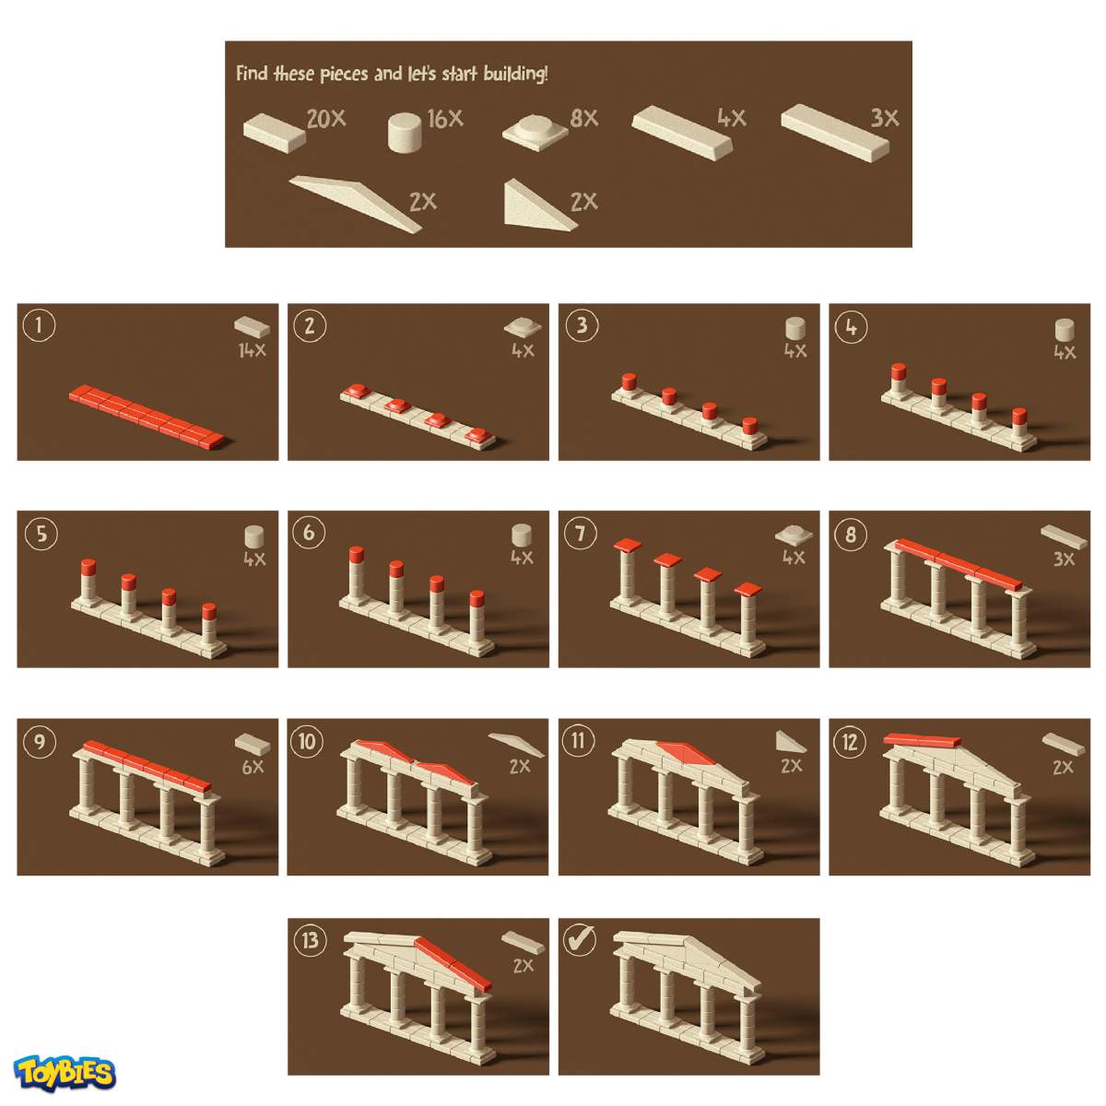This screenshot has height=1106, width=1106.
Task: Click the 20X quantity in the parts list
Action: pyautogui.click(x=326, y=119)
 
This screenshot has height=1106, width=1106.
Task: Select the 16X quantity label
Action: pyautogui.click(x=445, y=119)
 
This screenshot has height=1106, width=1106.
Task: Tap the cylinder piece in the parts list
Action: pyautogui.click(x=404, y=133)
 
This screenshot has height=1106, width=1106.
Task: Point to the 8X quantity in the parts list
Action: pyautogui.click(x=584, y=119)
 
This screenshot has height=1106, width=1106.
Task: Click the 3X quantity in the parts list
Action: pyautogui.click(x=885, y=118)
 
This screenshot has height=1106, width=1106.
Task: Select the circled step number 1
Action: pyautogui.click(x=39, y=324)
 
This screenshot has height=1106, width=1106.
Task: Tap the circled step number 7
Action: pyautogui.click(x=581, y=534)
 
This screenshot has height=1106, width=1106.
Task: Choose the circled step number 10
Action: pyautogui.click(x=307, y=741)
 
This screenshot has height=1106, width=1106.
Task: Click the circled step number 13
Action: pyautogui.click(x=310, y=940)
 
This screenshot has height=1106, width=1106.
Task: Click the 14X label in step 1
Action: pyautogui.click(x=253, y=350)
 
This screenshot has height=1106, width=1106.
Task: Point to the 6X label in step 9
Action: pyautogui.click(x=253, y=767)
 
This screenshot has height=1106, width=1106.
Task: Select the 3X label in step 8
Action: pyautogui.click(x=1064, y=559)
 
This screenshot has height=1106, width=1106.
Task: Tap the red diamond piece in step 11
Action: pyautogui.click(x=685, y=752)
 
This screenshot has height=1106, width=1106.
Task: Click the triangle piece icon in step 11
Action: pyautogui.click(x=790, y=742)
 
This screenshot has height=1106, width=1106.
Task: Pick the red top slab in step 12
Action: pyautogui.click(x=922, y=740)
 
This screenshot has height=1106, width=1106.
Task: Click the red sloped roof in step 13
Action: pyautogui.click(x=453, y=964)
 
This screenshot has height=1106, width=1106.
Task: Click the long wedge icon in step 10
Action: pyautogui.click(x=516, y=744)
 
